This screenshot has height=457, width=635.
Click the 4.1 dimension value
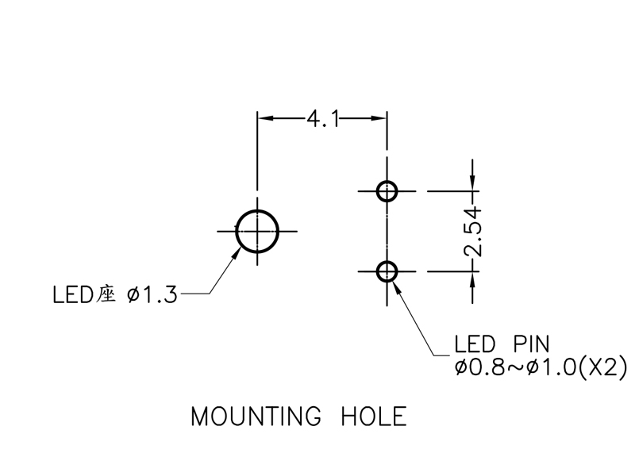pos(322,119)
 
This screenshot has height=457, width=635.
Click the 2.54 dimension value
pos(473,232)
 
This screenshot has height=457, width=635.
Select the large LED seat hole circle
pos(258,231)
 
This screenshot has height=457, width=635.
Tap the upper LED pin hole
pos(387,191)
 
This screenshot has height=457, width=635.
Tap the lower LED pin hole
pos(387,271)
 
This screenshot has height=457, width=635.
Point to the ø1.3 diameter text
pos(152,295)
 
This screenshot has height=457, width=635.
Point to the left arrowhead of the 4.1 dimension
pos(264,119)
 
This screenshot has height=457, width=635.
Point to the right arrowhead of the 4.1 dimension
pos(380,119)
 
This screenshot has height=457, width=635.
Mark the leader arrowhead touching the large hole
pos(239,252)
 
